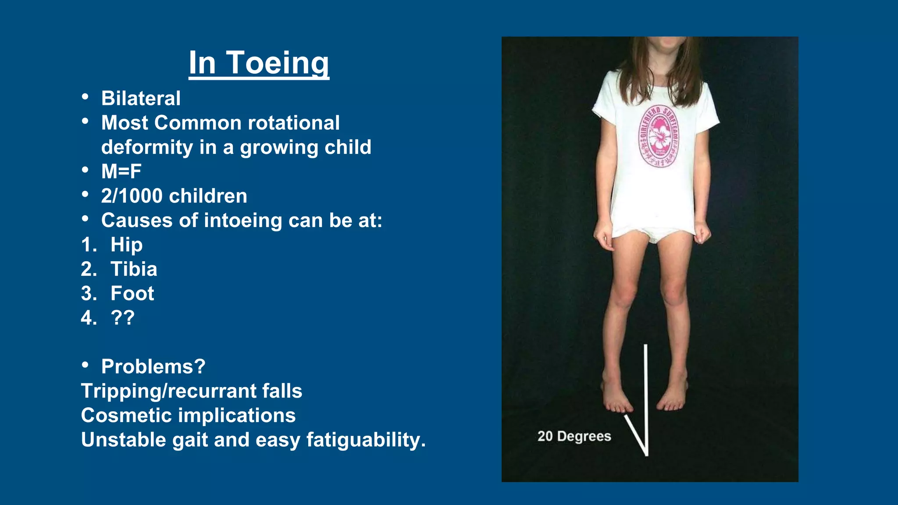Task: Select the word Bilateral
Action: pos(141,98)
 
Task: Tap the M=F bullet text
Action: pos(121,171)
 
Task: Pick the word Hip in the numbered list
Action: pos(126,245)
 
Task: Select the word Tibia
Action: pos(134,269)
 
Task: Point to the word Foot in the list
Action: pos(132,293)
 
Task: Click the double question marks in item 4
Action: pos(122,318)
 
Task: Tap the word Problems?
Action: pos(153,366)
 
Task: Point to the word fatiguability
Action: pos(366,440)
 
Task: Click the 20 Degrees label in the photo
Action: pos(574,436)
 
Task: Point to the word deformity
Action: pos(147,147)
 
